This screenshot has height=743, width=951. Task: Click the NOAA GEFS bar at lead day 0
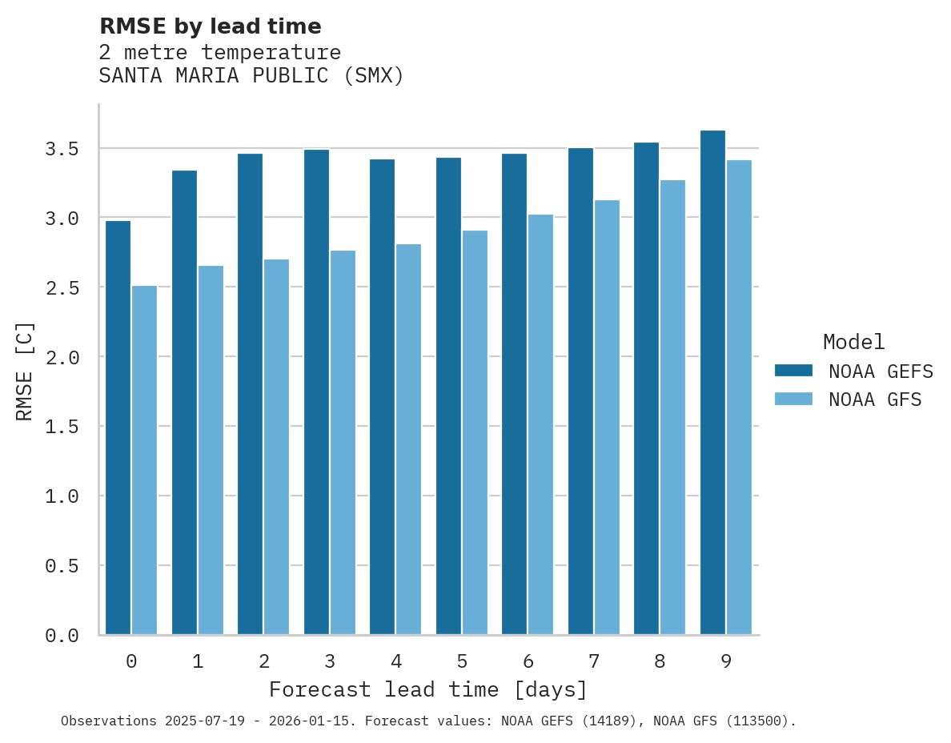(118, 428)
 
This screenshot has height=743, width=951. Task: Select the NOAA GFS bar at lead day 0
(144, 460)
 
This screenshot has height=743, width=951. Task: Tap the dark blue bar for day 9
(712, 383)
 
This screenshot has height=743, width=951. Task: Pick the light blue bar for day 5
(475, 432)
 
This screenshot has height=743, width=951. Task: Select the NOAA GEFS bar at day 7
(580, 392)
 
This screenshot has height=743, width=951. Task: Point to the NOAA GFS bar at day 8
(672, 408)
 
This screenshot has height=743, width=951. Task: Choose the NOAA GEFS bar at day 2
(250, 394)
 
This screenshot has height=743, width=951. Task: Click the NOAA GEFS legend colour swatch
(793, 371)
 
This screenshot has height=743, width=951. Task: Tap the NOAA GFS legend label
(875, 400)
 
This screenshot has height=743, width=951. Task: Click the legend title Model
(853, 342)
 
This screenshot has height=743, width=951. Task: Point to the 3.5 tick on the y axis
(62, 149)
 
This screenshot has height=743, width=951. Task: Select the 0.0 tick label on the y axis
(62, 636)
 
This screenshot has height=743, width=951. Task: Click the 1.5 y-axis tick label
(62, 427)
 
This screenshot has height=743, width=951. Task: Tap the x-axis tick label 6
(528, 661)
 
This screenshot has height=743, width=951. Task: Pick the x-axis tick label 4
(395, 661)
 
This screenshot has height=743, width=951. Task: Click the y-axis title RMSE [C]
(25, 371)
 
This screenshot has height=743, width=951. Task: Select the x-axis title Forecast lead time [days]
(428, 689)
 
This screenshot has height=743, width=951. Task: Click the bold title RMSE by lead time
(210, 26)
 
